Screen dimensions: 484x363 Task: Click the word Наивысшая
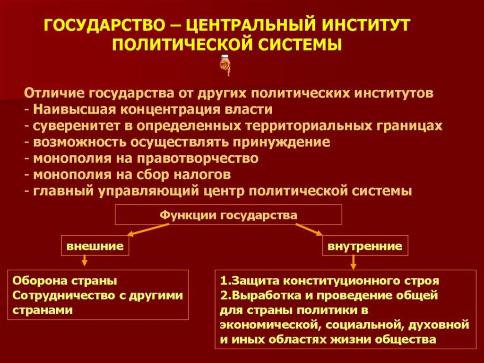(x=76, y=109)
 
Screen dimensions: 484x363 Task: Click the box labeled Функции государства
(x=228, y=215)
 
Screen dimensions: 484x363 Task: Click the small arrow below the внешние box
(x=84, y=260)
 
